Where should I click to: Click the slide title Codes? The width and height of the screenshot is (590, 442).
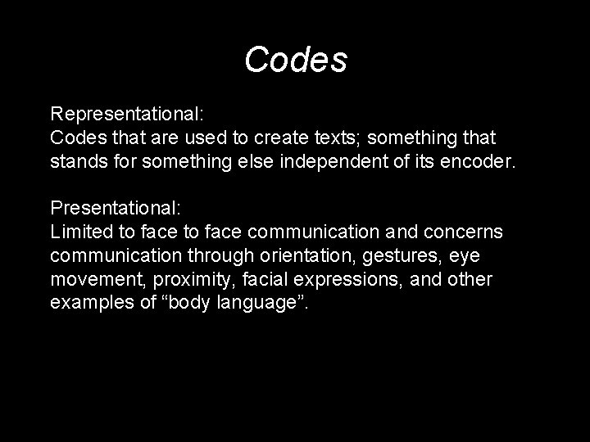tap(296, 60)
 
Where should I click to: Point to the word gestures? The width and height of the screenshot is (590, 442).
tap(387, 256)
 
